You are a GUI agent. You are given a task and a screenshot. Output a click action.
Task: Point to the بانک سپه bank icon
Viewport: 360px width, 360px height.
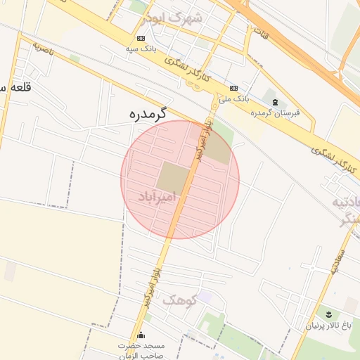pos(141,37)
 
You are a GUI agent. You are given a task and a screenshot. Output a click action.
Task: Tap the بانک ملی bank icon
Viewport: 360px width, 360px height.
pos(233,88)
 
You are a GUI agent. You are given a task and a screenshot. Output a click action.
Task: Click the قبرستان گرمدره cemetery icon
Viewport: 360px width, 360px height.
pos(275,103)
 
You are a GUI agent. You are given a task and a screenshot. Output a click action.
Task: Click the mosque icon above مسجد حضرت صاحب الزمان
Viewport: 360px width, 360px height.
pos(141,335)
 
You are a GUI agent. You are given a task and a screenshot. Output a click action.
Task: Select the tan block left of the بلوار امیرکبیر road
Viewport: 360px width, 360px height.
pos(172,177)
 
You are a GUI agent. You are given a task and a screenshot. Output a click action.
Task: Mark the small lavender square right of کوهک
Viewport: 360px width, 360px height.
pos(204,297)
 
